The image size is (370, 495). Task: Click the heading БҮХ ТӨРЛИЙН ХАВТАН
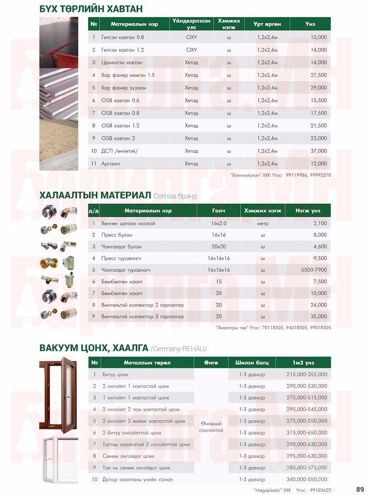[91, 9]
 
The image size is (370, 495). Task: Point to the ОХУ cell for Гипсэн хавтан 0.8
[191, 37]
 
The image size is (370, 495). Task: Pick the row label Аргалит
[111, 164]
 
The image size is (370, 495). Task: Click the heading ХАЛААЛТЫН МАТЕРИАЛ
[95, 196]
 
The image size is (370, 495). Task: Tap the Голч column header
[218, 210]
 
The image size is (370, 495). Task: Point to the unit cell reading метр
[263, 223]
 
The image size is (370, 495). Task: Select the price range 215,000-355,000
[307, 374]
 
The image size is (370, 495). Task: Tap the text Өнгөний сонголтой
[211, 427]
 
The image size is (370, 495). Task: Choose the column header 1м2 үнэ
[303, 363]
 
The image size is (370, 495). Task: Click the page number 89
[359, 489]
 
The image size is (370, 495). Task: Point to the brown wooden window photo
[63, 395]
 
